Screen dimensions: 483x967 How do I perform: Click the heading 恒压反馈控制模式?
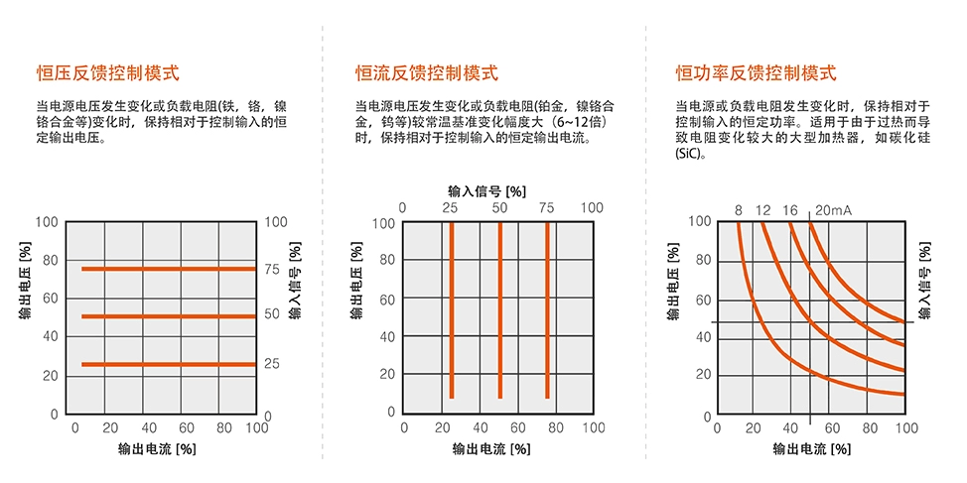pyautogui.click(x=107, y=72)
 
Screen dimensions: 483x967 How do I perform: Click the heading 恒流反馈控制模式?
pyautogui.click(x=427, y=72)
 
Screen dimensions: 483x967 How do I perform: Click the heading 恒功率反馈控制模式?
pyautogui.click(x=756, y=72)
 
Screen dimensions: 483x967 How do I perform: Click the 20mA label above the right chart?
pyautogui.click(x=833, y=209)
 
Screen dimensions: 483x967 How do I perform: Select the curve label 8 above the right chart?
pyautogui.click(x=739, y=209)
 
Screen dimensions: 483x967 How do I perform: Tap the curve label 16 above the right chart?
pyautogui.click(x=789, y=209)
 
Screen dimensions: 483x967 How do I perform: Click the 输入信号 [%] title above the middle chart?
pyautogui.click(x=486, y=189)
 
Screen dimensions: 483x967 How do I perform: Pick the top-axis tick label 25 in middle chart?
pyautogui.click(x=450, y=207)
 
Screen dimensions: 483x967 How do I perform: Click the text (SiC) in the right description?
pyautogui.click(x=688, y=155)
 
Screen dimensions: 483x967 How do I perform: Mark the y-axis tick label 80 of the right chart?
pyautogui.click(x=703, y=260)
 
